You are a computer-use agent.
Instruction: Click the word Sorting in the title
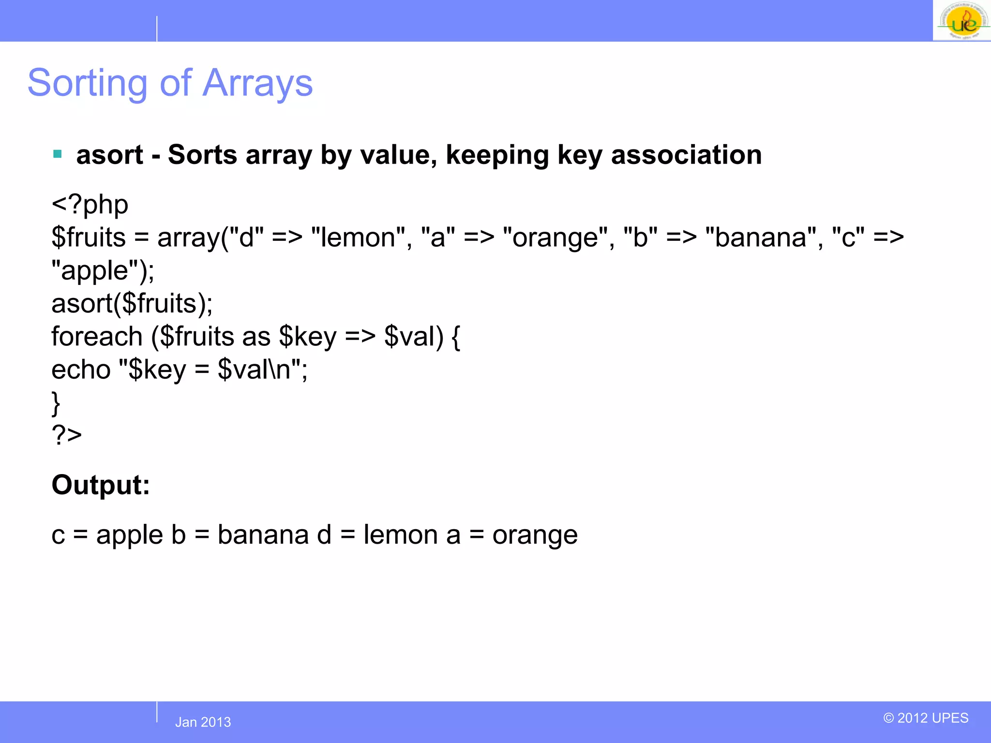[x=87, y=83]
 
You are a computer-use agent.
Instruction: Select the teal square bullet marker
[x=58, y=154]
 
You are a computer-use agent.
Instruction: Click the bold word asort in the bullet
[x=109, y=155]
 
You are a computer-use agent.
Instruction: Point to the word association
[x=686, y=155]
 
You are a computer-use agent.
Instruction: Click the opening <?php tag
[x=90, y=205]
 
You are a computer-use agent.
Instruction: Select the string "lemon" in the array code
[x=358, y=238]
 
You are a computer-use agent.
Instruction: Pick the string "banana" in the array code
[x=761, y=238]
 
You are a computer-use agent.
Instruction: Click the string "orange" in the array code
[x=555, y=238]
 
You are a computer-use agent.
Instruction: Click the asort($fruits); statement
[x=132, y=304]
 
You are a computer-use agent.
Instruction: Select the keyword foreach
[x=97, y=337]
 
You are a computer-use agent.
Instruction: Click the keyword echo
[x=81, y=370]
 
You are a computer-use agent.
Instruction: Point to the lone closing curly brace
[x=56, y=403]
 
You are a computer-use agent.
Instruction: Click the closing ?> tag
[x=67, y=435]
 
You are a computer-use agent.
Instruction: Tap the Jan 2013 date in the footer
[x=203, y=722]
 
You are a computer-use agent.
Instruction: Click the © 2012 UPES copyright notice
[x=926, y=718]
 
